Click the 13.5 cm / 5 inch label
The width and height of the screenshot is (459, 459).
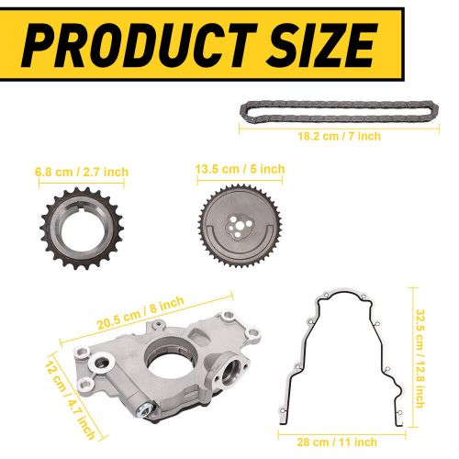click(x=240, y=169)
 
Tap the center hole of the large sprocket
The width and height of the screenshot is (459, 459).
click(x=240, y=225)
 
